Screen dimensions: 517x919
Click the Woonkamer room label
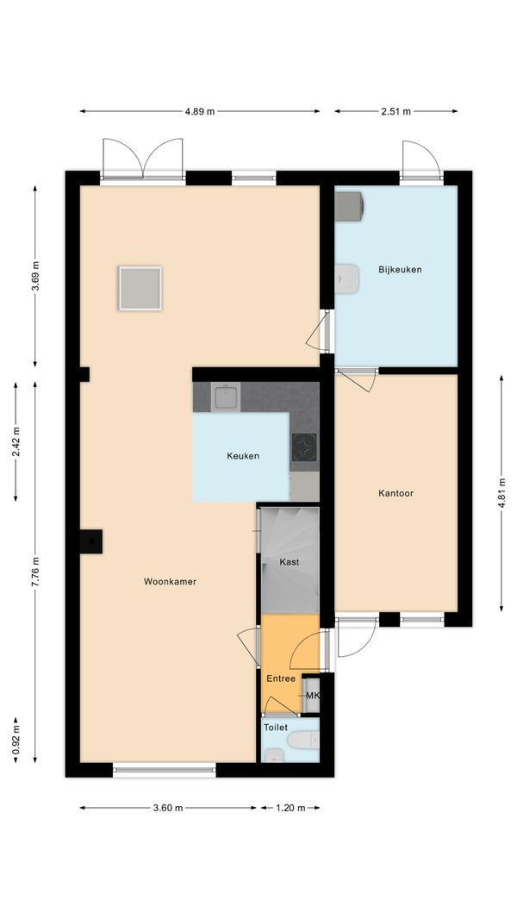pyautogui.click(x=170, y=581)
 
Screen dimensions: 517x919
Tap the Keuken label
pyautogui.click(x=243, y=456)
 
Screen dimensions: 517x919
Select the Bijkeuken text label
pyautogui.click(x=400, y=270)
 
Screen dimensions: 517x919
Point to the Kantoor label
pyautogui.click(x=396, y=493)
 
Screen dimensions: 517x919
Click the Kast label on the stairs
pyautogui.click(x=290, y=562)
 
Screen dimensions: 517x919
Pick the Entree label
pyautogui.click(x=281, y=678)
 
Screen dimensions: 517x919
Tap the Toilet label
pyautogui.click(x=276, y=728)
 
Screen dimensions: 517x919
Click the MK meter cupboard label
pyautogui.click(x=312, y=696)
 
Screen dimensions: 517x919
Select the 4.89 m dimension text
pyautogui.click(x=200, y=111)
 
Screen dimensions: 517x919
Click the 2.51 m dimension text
pyautogui.click(x=396, y=111)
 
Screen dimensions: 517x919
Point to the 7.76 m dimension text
pyautogui.click(x=35, y=572)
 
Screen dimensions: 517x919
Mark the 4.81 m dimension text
pyautogui.click(x=501, y=493)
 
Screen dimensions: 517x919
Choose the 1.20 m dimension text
pyautogui.click(x=290, y=808)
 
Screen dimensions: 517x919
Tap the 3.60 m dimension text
pyautogui.click(x=168, y=808)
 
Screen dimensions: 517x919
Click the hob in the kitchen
pyautogui.click(x=304, y=447)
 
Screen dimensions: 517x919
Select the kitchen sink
pyautogui.click(x=226, y=397)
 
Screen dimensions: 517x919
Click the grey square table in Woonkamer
pyautogui.click(x=140, y=288)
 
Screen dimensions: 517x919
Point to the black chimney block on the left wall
pyautogui.click(x=90, y=541)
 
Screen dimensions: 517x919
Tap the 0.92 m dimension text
pyautogui.click(x=16, y=741)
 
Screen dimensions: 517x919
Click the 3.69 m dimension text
pyautogui.click(x=35, y=276)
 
